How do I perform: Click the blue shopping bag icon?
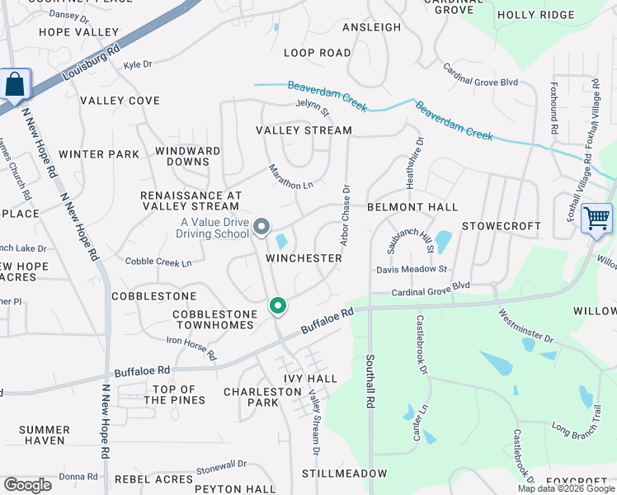coord(15,84)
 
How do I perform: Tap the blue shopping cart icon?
coord(596,219)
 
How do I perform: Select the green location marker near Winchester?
coord(278,306)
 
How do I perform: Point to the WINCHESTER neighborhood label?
coord(304,258)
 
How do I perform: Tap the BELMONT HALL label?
coord(412,207)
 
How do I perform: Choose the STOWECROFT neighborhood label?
coord(501,226)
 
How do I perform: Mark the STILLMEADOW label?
coord(344,474)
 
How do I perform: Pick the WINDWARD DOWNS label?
coord(188,157)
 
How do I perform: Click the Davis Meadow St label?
coord(411,269)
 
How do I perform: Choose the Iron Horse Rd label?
coord(191,347)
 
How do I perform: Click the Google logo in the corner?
coord(26,485)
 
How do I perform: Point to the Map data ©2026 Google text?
coord(565,488)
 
